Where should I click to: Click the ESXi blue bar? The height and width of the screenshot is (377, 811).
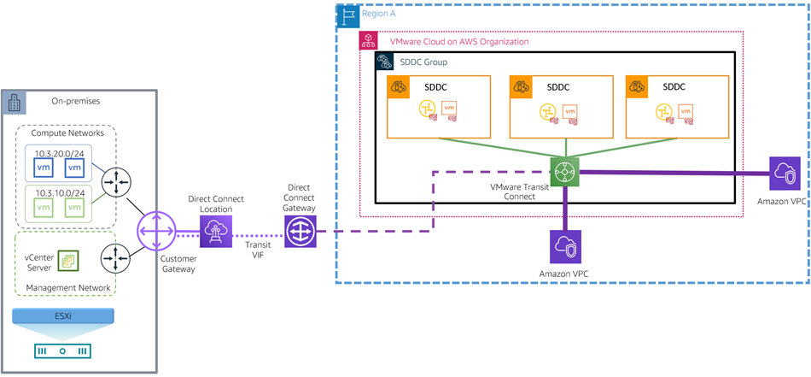pos(63,316)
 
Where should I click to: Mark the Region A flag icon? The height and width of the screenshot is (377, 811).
pos(347,15)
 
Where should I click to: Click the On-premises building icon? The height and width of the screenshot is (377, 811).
pos(15,100)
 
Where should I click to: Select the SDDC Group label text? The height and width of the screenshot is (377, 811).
pos(423,62)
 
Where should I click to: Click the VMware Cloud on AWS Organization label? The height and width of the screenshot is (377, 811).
pos(458,41)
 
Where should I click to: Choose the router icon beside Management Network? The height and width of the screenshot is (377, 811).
pos(114,256)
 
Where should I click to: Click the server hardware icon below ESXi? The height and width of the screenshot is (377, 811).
pos(63,350)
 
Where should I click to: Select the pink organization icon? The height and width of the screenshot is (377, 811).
pos(368,41)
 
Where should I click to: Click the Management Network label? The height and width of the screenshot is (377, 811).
pos(68,288)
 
